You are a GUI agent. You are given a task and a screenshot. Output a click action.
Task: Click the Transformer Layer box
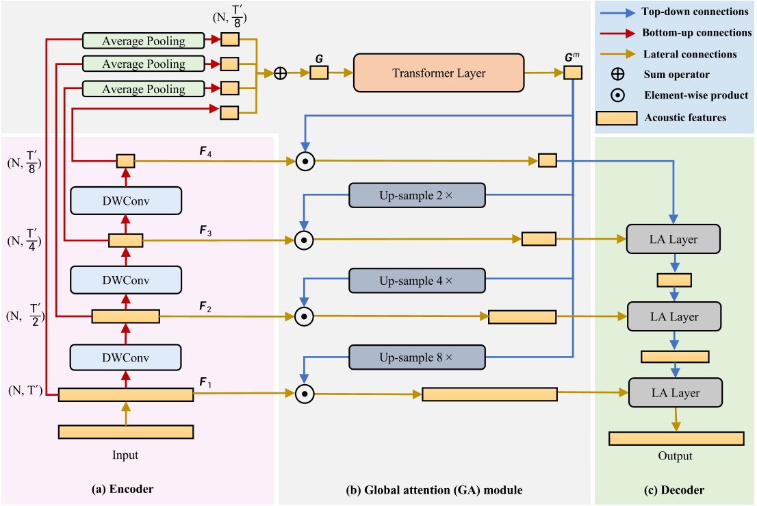tap(438, 72)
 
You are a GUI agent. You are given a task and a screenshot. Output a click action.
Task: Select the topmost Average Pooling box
tap(143, 40)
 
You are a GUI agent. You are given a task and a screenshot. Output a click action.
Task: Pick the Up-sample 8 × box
tap(416, 358)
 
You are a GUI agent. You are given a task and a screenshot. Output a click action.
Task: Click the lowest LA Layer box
tap(673, 393)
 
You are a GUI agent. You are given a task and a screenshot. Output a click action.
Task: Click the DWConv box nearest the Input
tap(125, 357)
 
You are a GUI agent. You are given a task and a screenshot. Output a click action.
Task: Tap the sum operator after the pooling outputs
tap(280, 73)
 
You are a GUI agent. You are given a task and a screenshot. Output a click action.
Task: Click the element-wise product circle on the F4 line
tap(305, 161)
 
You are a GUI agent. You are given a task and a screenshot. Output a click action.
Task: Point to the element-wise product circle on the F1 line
tap(305, 393)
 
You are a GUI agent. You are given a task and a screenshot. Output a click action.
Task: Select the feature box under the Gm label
tap(573, 73)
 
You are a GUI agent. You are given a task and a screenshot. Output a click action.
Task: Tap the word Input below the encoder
tap(125, 455)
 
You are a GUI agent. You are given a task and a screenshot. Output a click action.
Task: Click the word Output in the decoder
tap(675, 456)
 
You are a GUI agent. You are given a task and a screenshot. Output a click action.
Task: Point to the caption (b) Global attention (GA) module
tap(435, 490)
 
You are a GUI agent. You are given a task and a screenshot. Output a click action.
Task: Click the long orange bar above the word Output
tap(676, 438)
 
